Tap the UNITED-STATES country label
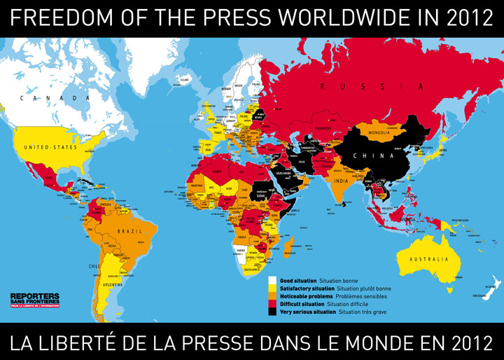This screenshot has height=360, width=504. [50, 148]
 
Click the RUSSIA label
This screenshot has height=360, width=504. [372, 86]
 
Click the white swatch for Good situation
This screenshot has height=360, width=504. [274, 279]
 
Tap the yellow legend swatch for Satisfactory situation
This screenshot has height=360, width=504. [274, 288]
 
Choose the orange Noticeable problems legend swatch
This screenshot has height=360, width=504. [274, 296]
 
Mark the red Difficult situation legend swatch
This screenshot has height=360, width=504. [274, 304]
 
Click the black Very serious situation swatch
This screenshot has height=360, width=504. [274, 312]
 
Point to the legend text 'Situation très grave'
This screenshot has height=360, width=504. [366, 312]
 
